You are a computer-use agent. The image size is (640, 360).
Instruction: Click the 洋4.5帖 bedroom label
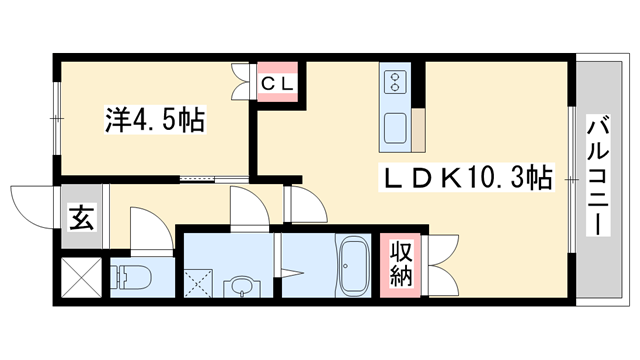pyautogui.click(x=155, y=121)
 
